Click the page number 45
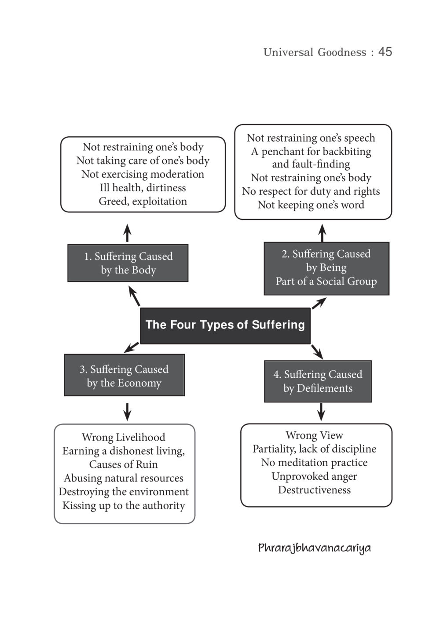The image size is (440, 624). tap(385, 52)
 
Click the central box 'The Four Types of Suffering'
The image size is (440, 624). tap(225, 326)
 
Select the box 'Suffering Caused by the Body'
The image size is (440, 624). tap(128, 263)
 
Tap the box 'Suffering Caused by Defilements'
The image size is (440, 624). tap(318, 381)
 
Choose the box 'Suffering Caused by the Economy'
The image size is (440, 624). tap(124, 375)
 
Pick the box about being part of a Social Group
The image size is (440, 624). tap(326, 268)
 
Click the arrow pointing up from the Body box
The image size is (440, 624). tap(127, 233)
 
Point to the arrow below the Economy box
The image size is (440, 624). tap(127, 412)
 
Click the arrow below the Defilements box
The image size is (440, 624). tap(321, 412)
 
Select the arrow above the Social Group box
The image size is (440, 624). tap(323, 233)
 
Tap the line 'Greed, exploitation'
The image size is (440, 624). tap(143, 201)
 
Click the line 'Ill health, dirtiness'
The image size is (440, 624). tap(143, 188)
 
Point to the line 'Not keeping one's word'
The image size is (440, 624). tap(311, 205)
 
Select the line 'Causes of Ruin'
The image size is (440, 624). tap(124, 464)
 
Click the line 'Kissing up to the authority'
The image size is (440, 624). tap(124, 506)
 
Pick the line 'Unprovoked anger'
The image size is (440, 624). tap(314, 476)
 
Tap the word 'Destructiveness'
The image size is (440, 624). tap(314, 490)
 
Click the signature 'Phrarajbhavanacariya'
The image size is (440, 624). tap(314, 548)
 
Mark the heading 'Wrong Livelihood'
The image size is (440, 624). tap(124, 437)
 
